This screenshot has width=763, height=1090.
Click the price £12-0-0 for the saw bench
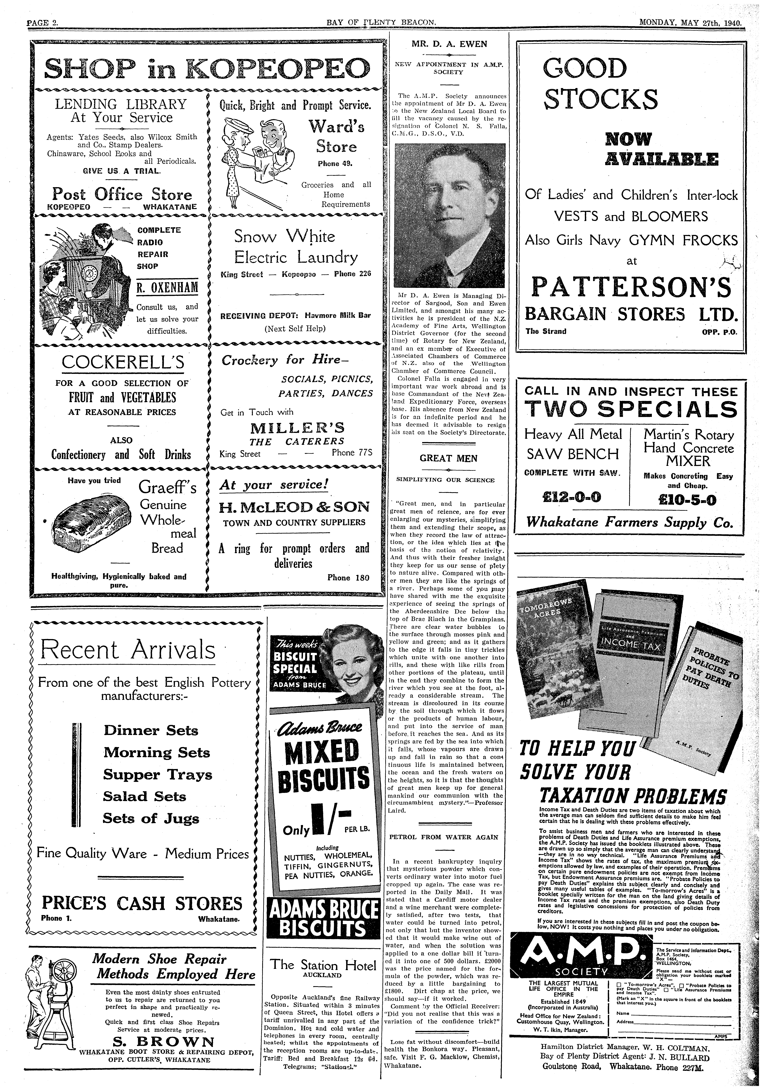tap(571, 497)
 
